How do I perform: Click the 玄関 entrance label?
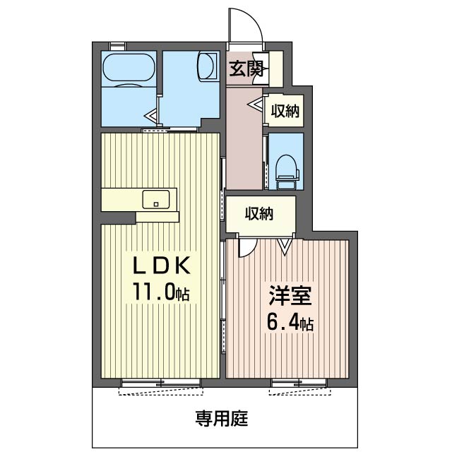246,69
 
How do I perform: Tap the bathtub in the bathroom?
129,68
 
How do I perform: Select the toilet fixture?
287,172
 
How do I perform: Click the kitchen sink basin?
156,199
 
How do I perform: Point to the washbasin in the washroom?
207,66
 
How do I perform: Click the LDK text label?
162,266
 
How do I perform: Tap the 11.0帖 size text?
161,292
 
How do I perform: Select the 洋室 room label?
290,295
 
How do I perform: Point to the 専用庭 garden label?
221,419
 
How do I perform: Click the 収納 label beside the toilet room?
285,111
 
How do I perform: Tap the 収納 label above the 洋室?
259,214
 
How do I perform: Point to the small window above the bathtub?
118,46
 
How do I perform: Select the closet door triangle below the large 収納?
285,246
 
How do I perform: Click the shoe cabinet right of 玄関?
276,69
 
